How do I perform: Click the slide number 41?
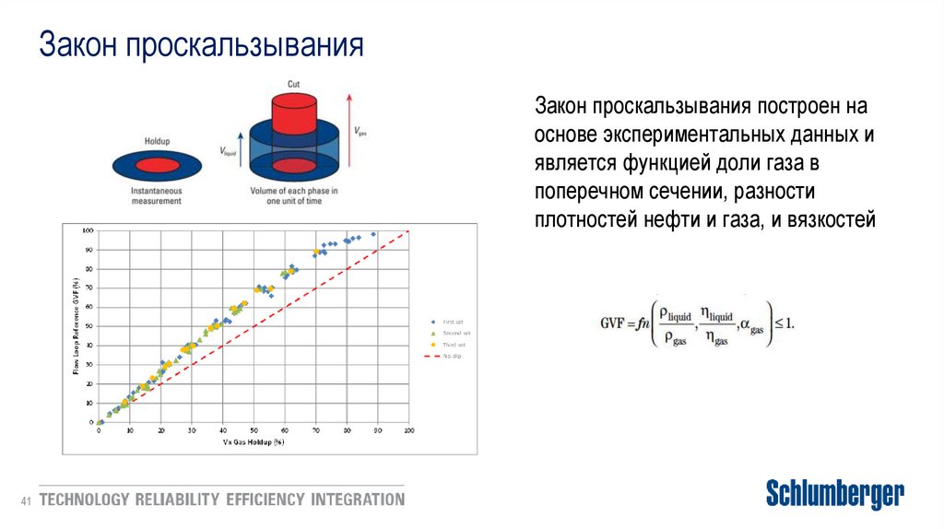(27, 500)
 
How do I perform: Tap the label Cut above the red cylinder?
(292, 84)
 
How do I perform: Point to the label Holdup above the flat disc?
(157, 142)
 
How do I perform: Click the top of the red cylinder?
(292, 100)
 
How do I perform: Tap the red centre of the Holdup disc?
(157, 166)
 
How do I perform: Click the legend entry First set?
(454, 322)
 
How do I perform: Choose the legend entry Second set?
(456, 333)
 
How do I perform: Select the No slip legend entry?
(452, 355)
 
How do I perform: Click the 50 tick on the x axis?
(254, 430)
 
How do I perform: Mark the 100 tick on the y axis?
(89, 229)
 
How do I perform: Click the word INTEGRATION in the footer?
(358, 500)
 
